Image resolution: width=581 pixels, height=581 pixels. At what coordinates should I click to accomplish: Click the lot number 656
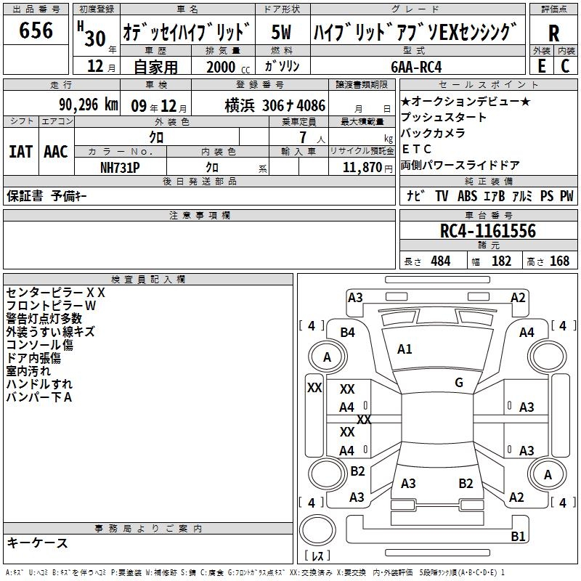[x=36, y=30]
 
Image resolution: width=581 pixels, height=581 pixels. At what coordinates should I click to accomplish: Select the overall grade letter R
[x=553, y=33]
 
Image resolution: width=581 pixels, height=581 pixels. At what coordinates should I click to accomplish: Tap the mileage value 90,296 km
[x=89, y=105]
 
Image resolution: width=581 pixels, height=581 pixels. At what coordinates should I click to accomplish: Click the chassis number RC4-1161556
[x=488, y=231]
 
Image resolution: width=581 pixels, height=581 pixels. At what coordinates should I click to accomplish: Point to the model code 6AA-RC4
[x=416, y=67]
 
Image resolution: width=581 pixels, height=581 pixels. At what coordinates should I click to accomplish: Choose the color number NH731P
[x=120, y=168]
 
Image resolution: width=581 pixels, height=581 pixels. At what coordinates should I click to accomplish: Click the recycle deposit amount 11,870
[x=362, y=168]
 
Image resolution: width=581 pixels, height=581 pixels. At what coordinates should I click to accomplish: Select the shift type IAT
[x=21, y=152]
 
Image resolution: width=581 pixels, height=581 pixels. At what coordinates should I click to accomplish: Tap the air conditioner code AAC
[x=56, y=152]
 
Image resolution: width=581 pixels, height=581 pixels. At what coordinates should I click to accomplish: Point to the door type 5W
[x=281, y=32]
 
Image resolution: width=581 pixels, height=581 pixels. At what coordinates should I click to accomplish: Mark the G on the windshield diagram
[x=459, y=382]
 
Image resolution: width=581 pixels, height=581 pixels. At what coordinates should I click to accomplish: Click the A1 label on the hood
[x=405, y=349]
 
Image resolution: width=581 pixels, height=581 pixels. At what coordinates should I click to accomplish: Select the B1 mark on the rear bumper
[x=518, y=536]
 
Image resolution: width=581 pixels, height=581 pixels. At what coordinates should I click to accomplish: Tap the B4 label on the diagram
[x=348, y=333]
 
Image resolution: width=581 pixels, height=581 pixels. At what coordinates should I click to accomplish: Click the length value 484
[x=441, y=261]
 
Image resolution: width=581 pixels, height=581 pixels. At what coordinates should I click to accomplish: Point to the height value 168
[x=559, y=261]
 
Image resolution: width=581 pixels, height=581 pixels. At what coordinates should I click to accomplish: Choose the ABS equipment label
[x=467, y=196]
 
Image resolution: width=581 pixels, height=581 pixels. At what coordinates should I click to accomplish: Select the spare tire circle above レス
[x=317, y=530]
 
